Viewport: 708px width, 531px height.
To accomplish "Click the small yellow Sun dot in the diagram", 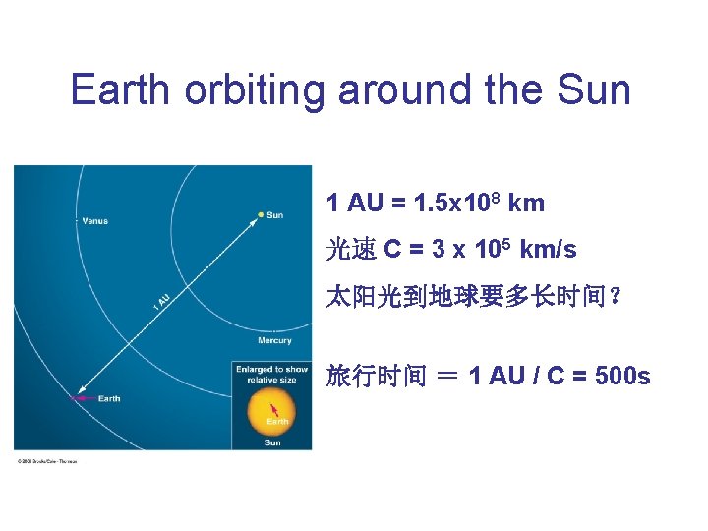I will tap(261, 214).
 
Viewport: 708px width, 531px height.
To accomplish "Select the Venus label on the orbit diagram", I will tap(94, 221).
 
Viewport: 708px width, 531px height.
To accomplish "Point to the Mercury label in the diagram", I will tap(275, 341).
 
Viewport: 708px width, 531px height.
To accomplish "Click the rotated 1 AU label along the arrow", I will tap(162, 299).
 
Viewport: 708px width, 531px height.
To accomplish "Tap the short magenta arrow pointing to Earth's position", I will tap(83, 398).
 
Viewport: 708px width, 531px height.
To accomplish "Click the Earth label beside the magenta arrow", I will tap(109, 398).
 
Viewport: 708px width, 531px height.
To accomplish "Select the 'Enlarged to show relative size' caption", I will tap(271, 375).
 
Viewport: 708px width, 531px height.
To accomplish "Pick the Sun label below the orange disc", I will tap(272, 442).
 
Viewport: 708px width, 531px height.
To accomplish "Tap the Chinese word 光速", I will tap(351, 250).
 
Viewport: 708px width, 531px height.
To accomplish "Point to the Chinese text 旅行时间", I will tap(377, 376).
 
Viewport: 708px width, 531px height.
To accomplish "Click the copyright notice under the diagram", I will tap(46, 460).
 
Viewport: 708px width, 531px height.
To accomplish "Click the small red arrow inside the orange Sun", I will tap(275, 408).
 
